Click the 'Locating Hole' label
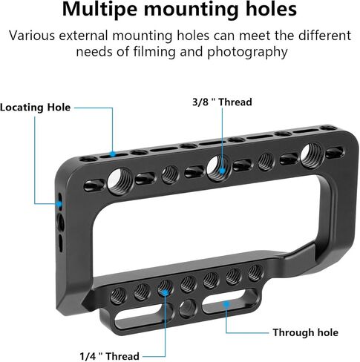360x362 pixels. click(35, 108)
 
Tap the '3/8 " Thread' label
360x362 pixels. click(222, 102)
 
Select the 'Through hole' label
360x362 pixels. click(305, 332)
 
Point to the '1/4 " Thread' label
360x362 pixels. click(109, 356)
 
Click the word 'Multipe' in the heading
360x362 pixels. click(99, 10)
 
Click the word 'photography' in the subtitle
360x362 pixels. click(247, 53)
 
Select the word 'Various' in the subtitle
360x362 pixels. click(32, 36)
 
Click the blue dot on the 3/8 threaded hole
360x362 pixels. click(222, 171)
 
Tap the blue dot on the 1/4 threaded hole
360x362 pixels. click(165, 293)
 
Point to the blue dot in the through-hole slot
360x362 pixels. click(226, 304)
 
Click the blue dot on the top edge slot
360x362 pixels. click(113, 154)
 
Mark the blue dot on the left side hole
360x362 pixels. click(59, 204)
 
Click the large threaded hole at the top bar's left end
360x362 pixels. click(119, 181)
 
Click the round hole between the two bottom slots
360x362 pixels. click(188, 309)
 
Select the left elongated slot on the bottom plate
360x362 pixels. click(143, 315)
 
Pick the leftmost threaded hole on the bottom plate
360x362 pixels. click(118, 295)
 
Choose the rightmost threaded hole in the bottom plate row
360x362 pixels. click(255, 273)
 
